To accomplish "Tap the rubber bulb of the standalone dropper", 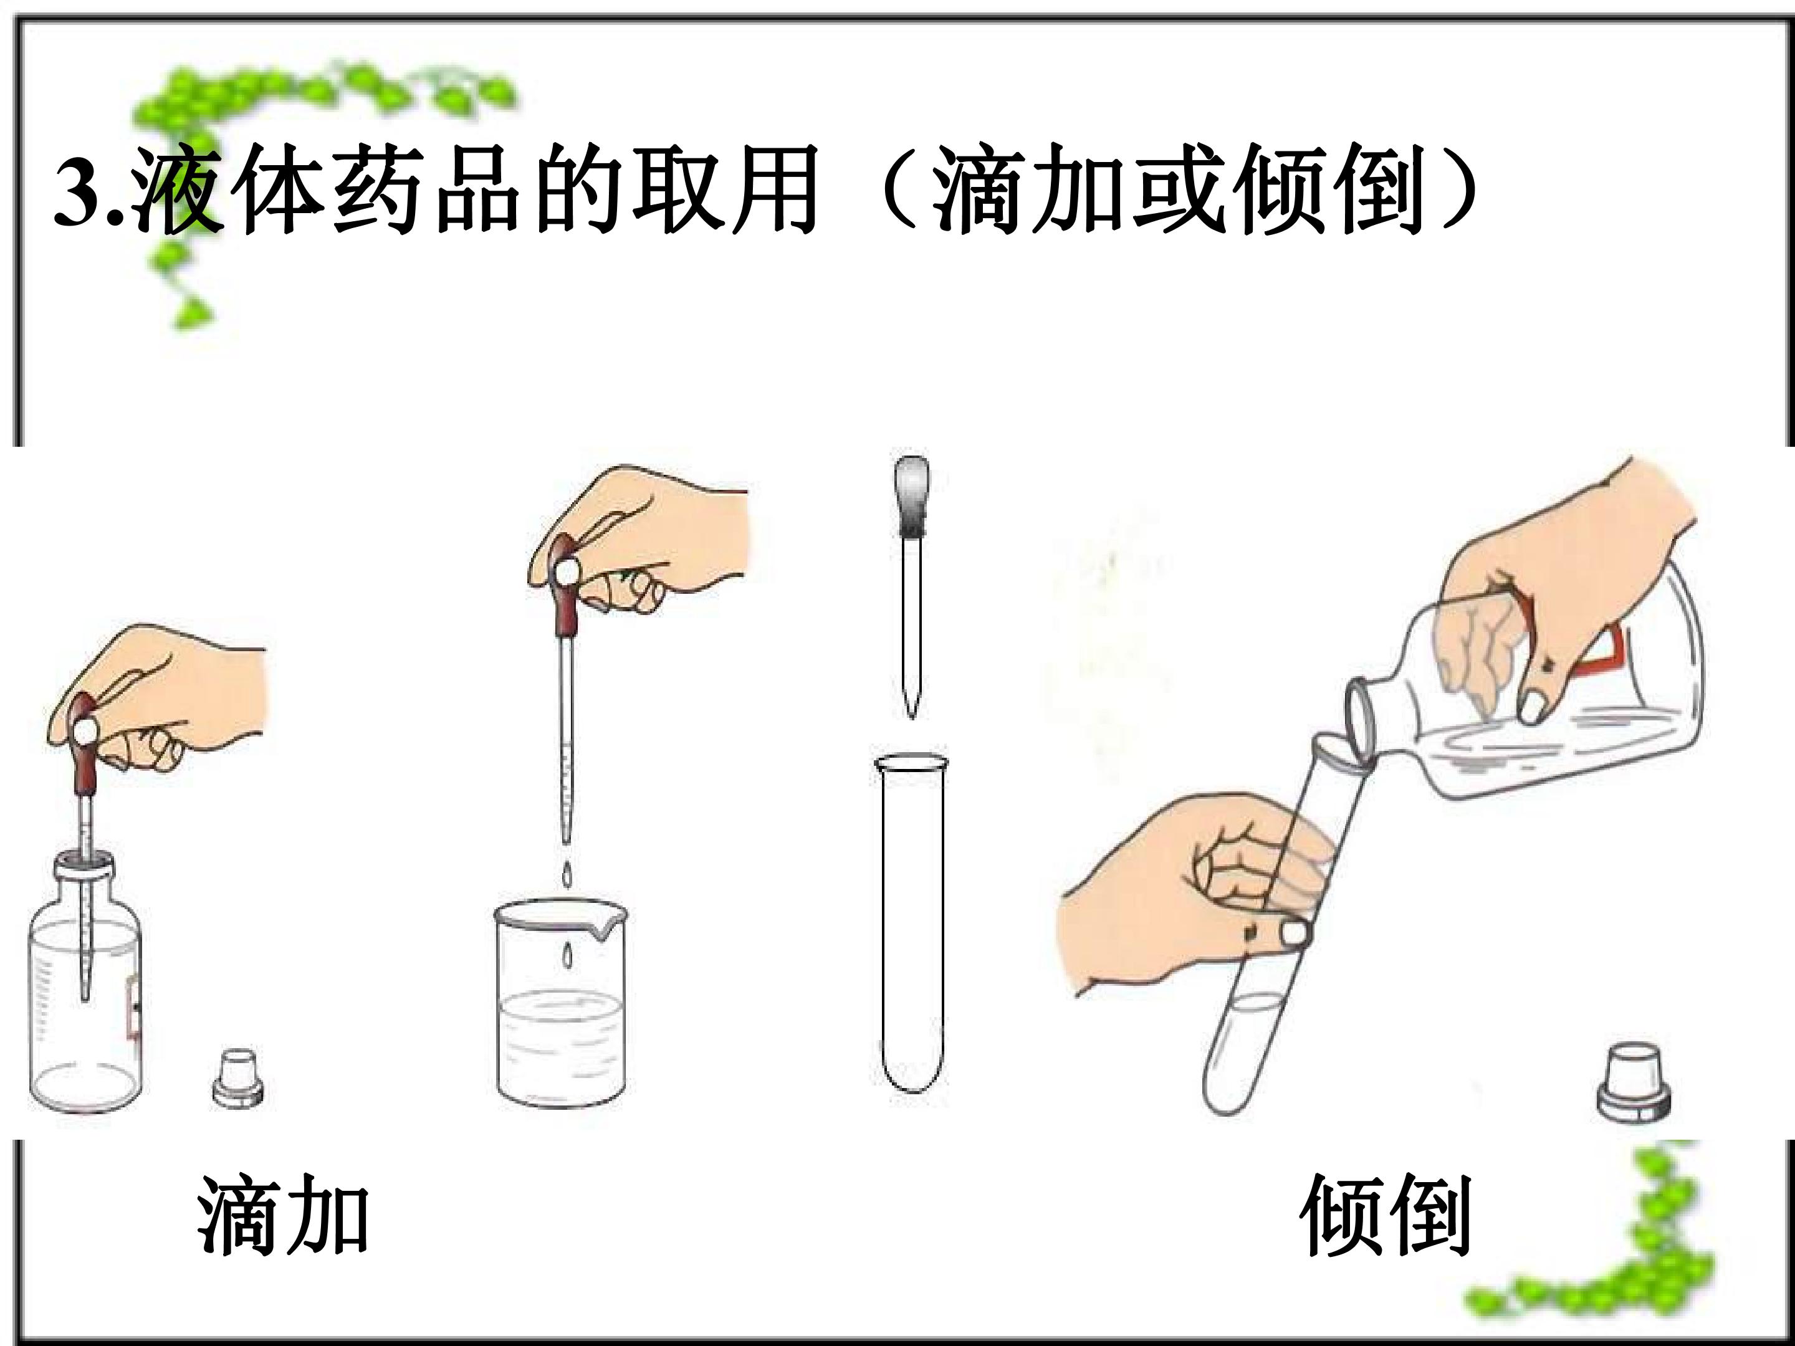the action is (911, 496).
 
